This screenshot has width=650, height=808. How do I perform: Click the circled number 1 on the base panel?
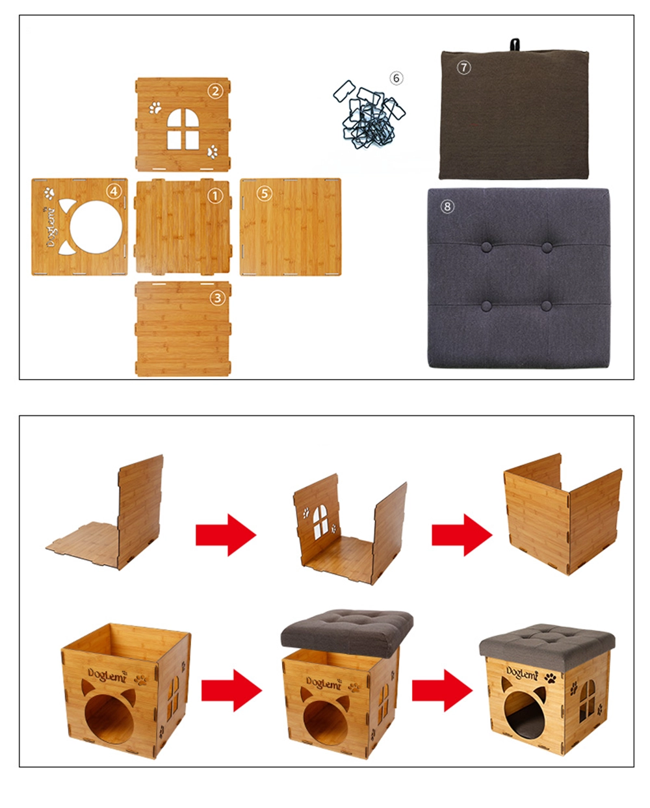coord(215,196)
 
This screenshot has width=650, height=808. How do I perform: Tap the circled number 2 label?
coord(215,91)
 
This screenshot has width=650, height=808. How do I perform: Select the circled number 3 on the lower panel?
coord(217,298)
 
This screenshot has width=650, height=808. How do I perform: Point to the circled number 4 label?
coord(114,192)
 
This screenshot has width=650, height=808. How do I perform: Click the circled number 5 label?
coord(265,194)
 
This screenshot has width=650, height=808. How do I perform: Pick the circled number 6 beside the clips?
coord(396,78)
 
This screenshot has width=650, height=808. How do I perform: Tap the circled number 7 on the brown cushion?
coord(463,68)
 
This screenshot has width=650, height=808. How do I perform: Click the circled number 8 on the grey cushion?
coord(447,206)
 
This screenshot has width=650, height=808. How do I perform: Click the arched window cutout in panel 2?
coord(183,129)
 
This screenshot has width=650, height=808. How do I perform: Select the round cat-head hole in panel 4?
coord(96,227)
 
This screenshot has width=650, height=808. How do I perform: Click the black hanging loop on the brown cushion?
coord(514,44)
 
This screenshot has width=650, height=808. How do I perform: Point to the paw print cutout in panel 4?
coord(49,193)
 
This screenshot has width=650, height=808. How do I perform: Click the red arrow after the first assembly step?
coord(226,535)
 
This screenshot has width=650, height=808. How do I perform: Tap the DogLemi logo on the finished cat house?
coord(522,673)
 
